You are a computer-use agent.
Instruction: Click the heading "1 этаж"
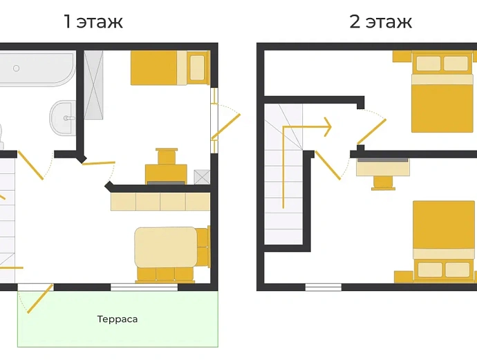93,21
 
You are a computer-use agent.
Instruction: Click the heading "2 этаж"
381,21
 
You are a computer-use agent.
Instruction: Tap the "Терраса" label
118,319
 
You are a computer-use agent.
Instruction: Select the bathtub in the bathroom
37,68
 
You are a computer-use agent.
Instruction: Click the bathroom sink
63,117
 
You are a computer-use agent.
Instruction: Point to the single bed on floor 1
170,68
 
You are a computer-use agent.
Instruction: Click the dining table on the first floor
166,247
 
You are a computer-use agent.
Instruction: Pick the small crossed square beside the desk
202,177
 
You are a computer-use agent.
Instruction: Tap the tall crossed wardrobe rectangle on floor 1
93,84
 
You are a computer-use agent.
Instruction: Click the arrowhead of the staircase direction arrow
328,126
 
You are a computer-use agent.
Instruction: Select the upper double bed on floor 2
442,92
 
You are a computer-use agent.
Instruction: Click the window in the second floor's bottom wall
324,287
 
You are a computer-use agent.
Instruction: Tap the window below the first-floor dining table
144,287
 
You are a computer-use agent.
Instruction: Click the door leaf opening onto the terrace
41,299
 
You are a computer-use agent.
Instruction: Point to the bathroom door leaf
30,165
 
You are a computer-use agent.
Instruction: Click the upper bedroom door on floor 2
371,131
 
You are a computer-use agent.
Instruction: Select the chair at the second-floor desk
383,183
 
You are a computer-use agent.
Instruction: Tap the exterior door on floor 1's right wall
226,126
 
